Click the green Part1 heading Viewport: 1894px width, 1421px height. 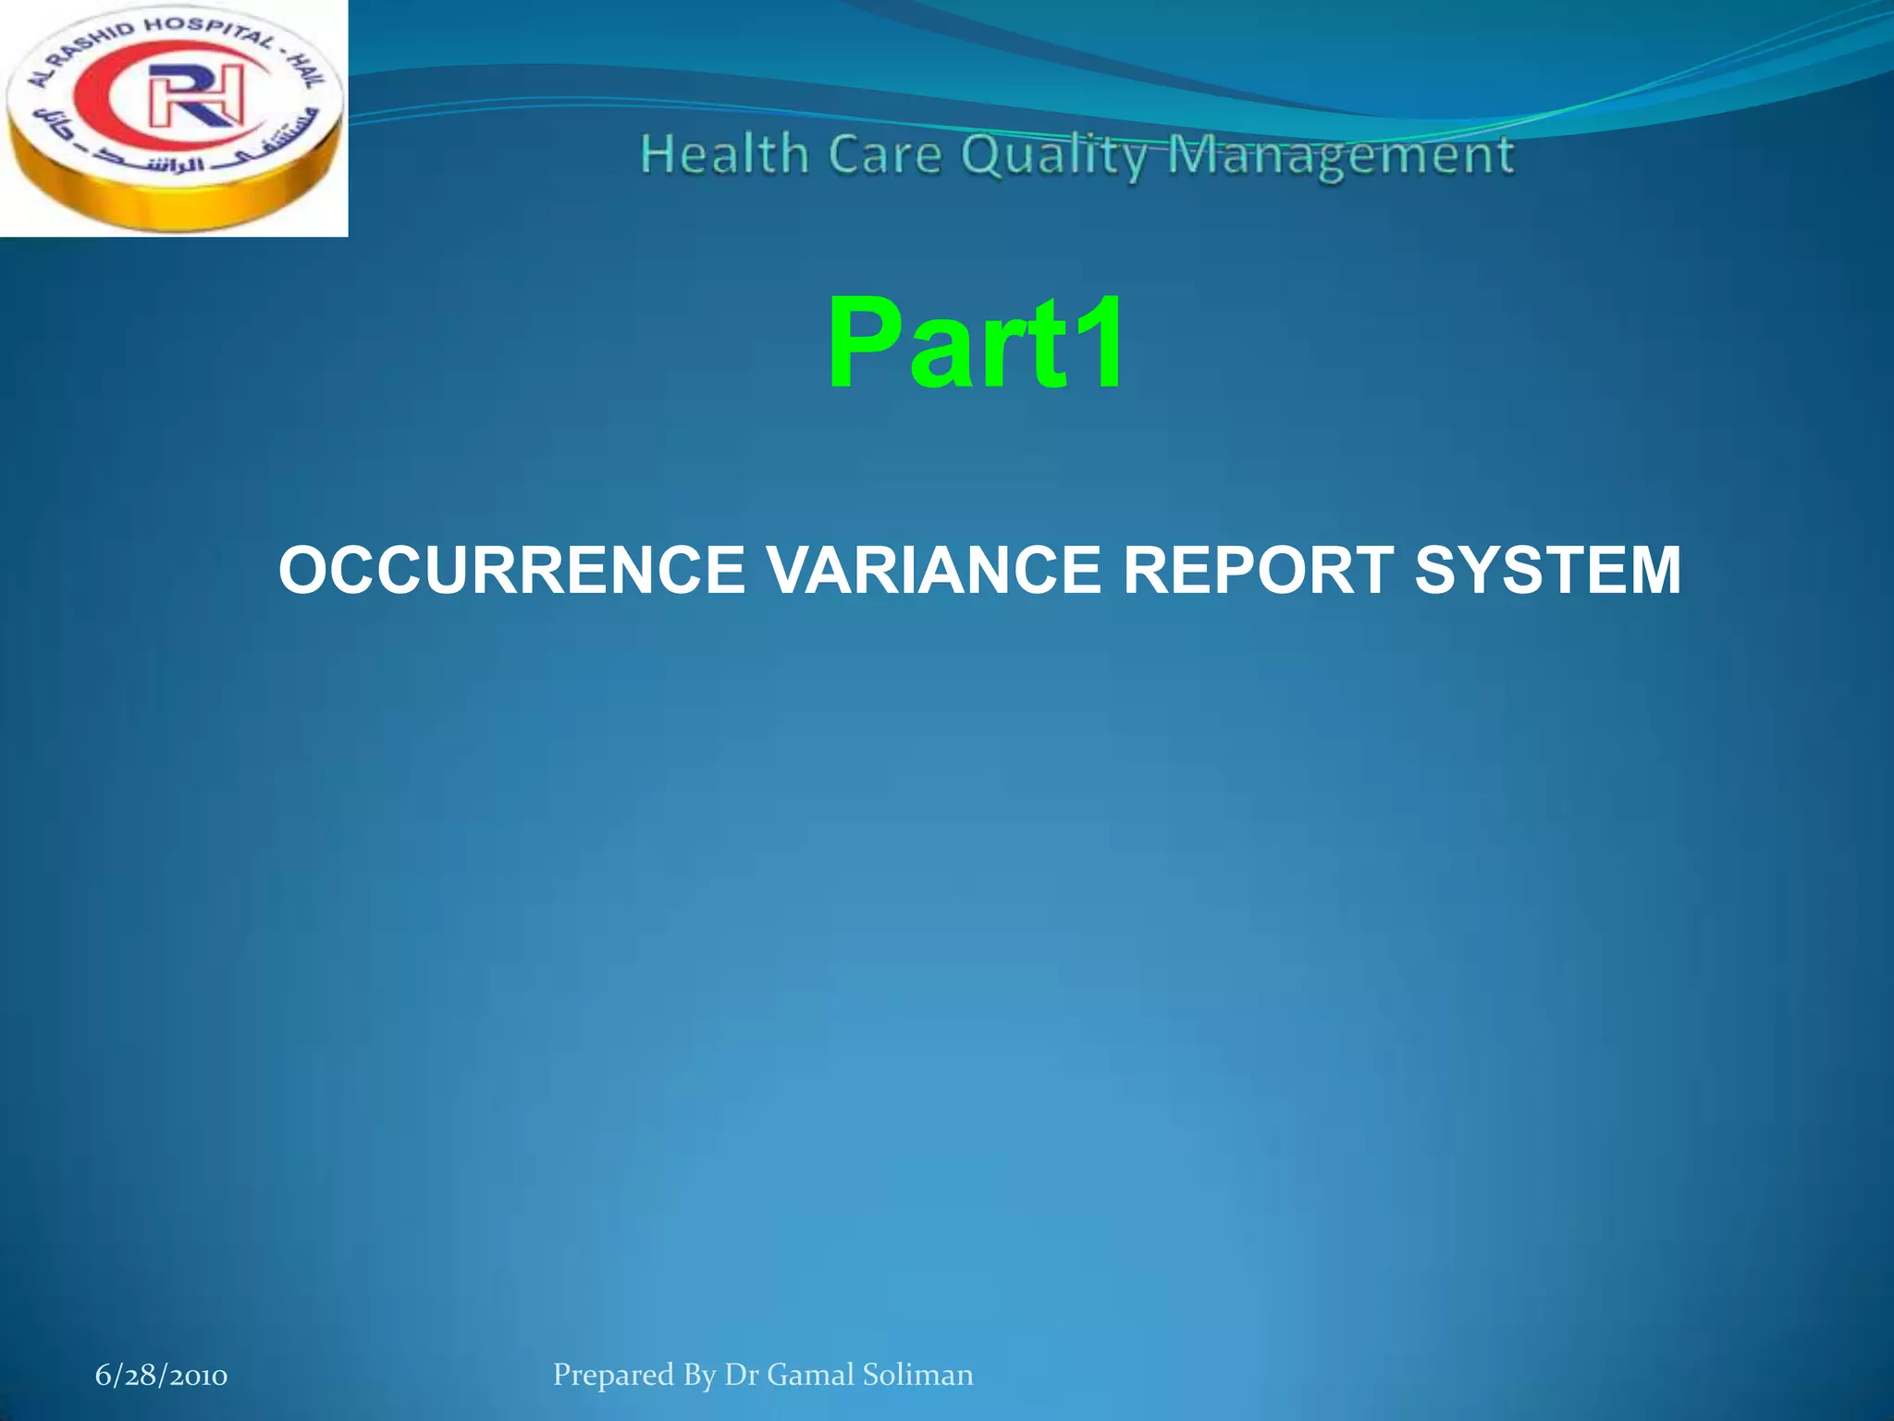tap(976, 343)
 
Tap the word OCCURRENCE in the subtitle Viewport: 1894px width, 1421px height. tap(511, 570)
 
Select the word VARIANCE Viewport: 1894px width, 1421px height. tap(934, 570)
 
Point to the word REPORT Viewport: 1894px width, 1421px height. tap(1258, 570)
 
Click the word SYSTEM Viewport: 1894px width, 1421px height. tap(1547, 570)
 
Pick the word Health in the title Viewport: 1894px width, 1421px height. tap(724, 154)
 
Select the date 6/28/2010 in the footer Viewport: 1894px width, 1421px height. tap(161, 1376)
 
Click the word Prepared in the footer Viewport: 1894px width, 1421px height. tap(613, 1376)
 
